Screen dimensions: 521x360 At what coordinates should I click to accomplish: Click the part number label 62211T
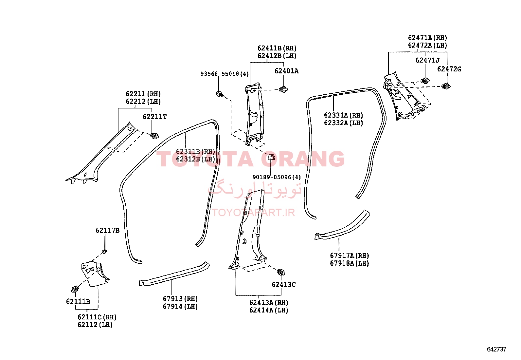155,116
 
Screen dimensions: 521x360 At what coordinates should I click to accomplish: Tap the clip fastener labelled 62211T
154,136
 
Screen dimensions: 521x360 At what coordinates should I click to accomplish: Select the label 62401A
286,71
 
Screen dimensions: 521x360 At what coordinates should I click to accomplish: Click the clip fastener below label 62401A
283,89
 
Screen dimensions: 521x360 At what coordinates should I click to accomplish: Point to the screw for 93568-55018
220,94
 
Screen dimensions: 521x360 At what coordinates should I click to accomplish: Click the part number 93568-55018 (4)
225,74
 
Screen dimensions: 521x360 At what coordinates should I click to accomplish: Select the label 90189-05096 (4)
277,177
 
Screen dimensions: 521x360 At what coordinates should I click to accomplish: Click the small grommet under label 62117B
104,252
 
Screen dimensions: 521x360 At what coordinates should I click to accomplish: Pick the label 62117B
107,230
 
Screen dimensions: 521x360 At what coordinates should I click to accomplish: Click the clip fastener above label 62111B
75,289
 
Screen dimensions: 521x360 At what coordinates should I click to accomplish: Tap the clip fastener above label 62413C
281,272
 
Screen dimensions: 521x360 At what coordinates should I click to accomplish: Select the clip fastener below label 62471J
425,81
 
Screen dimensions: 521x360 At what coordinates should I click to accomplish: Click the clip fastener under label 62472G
446,86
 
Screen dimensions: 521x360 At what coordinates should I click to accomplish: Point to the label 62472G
449,69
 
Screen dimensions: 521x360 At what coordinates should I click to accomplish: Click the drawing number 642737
496,349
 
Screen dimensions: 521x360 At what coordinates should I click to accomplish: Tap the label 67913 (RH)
180,299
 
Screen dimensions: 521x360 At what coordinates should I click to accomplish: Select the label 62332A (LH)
343,123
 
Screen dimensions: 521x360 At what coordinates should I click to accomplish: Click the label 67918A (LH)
349,263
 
